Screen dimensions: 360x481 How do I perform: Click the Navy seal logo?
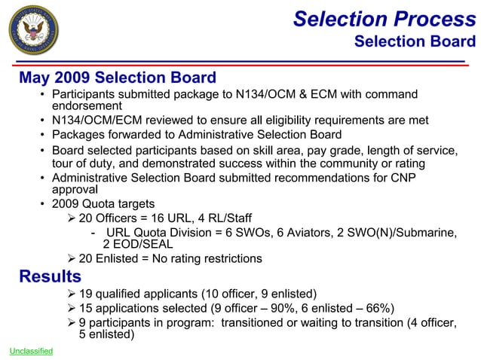pos(32,33)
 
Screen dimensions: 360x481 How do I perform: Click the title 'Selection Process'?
pos(384,19)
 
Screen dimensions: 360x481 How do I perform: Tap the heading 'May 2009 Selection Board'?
pos(118,78)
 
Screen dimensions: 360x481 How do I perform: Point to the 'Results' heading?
pos(50,276)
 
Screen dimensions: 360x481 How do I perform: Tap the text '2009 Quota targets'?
pos(103,204)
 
